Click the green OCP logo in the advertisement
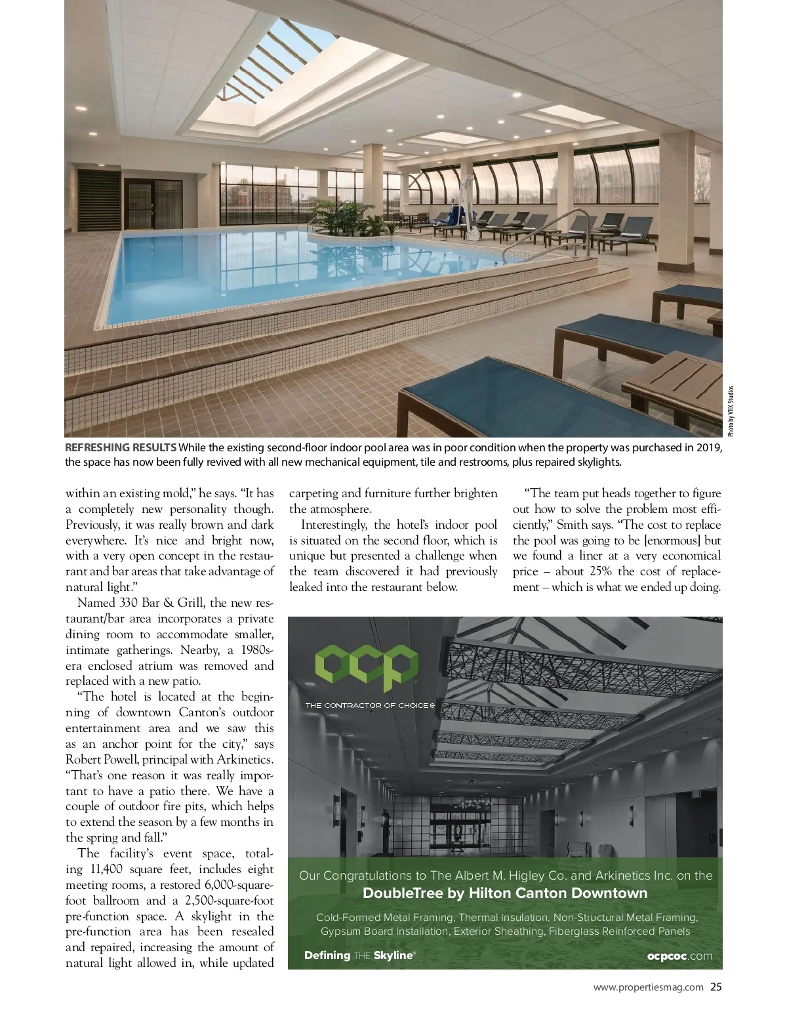click(367, 667)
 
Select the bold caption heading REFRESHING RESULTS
click(121, 447)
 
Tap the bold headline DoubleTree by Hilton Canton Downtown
click(504, 893)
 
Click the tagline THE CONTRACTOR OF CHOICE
click(369, 706)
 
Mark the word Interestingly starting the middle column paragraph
click(334, 525)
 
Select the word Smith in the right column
click(571, 525)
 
